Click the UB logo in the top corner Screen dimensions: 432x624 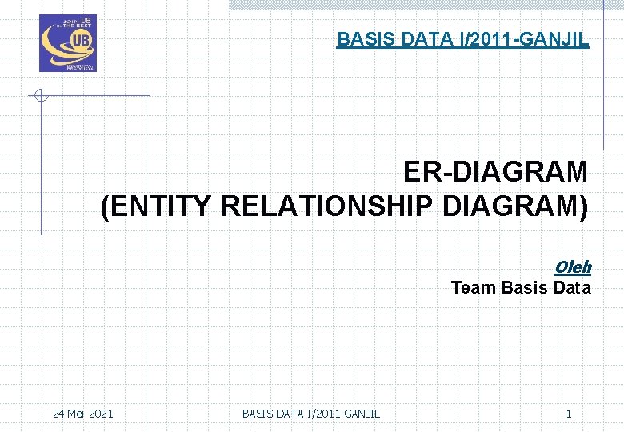pyautogui.click(x=68, y=43)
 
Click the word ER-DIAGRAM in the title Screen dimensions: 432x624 pyautogui.click(x=495, y=172)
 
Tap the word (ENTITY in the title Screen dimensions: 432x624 pyautogui.click(x=157, y=207)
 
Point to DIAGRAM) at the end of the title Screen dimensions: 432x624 pyautogui.click(x=515, y=207)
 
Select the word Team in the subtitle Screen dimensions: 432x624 pyautogui.click(x=474, y=288)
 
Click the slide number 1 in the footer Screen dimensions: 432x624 pyautogui.click(x=569, y=414)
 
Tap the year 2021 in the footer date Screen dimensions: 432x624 pyautogui.click(x=101, y=414)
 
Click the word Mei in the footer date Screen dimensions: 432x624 pyautogui.click(x=77, y=414)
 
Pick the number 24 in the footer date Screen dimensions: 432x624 pyautogui.click(x=58, y=414)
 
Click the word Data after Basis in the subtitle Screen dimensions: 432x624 pyautogui.click(x=571, y=288)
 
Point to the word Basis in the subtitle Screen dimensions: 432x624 pyautogui.click(x=524, y=288)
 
